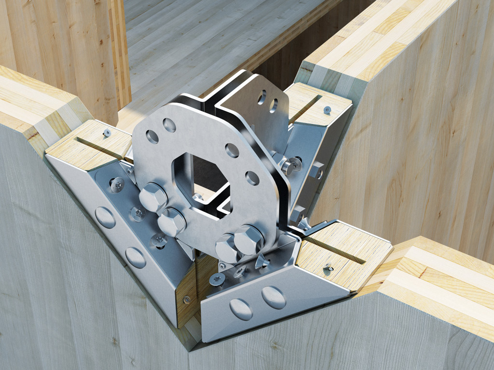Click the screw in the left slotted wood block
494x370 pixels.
click(107, 132)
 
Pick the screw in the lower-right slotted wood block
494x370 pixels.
click(329, 266)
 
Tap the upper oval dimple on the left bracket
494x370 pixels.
click(105, 217)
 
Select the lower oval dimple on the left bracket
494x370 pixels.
click(136, 258)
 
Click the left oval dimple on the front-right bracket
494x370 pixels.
click(241, 309)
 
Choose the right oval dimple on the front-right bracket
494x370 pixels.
click(274, 297)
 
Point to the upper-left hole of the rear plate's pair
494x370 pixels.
click(262, 97)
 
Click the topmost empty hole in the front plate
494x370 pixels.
click(169, 125)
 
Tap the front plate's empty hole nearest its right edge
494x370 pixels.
click(252, 178)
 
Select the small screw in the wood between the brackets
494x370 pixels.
click(186, 299)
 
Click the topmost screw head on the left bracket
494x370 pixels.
click(117, 184)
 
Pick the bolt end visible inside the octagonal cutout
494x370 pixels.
click(197, 196)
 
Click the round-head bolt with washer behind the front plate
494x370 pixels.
click(290, 165)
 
